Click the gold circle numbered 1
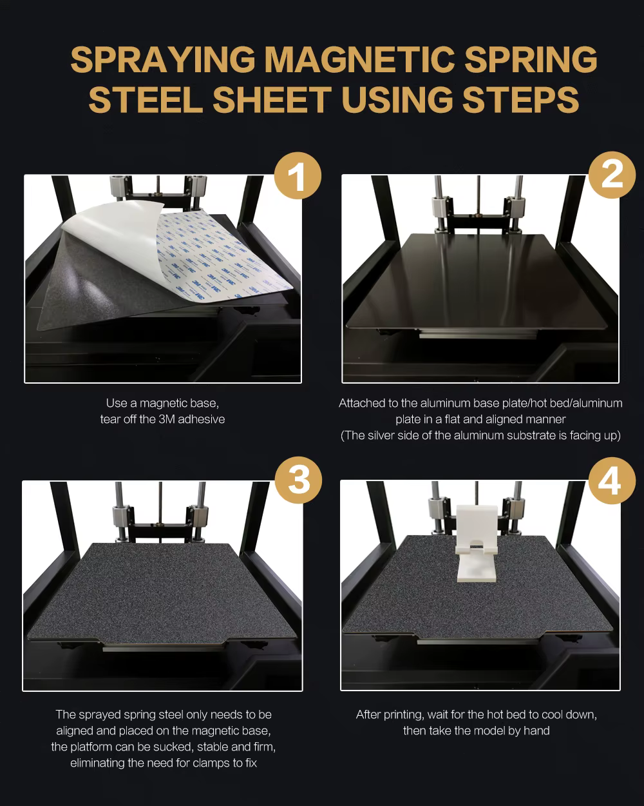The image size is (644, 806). pos(298,175)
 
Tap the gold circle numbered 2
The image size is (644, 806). pos(612,175)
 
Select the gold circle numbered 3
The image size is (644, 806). pos(298,480)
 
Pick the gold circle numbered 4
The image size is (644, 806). pos(612,480)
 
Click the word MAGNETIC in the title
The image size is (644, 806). pos(361,59)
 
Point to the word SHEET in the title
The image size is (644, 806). pos(272,99)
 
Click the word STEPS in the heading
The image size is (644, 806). pos(520,99)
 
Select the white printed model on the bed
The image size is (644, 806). pos(477,544)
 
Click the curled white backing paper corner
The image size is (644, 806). pos(112,228)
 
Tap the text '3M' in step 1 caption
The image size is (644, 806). pos(167,419)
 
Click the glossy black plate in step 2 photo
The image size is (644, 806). pos(476,281)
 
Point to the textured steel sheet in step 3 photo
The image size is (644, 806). pos(162,592)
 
